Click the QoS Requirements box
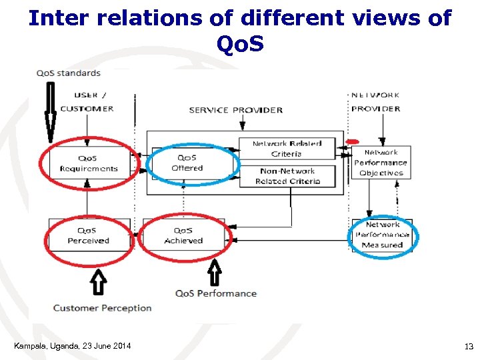pos(88,163)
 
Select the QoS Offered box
pos(187,163)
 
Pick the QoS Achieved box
pos(183,235)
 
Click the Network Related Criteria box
pos(287,149)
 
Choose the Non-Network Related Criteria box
pos(287,176)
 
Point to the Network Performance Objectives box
pos(380,163)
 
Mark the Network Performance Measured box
pos(382,235)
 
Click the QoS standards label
pos(69,73)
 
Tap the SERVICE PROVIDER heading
pos(236,110)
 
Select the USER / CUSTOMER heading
pos(87,102)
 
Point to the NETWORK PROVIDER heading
pos(375,102)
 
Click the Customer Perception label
pos(102,308)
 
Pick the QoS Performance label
pos(215,293)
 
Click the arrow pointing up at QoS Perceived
pos(99,281)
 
